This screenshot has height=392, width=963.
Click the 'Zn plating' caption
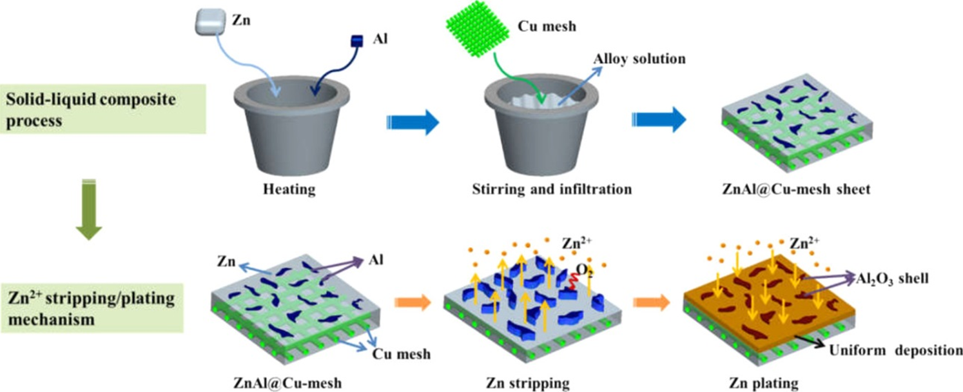coord(766,383)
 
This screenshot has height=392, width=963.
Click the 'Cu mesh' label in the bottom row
coord(402,353)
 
